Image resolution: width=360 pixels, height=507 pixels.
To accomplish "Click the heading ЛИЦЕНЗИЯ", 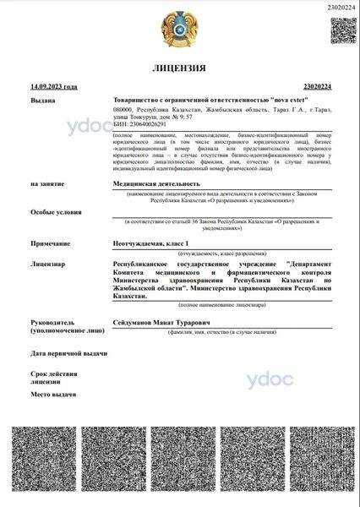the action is pos(179,67).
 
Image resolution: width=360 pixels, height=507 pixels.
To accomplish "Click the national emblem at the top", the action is pos(180,26).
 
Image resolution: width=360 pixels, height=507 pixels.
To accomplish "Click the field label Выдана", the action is pos(43,101).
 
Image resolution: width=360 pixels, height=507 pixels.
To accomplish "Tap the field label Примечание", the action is pos(49,243).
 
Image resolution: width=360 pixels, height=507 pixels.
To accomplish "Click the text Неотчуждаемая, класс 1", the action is pos(152,243).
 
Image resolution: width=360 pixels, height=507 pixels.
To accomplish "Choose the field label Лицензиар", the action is pos(47,264).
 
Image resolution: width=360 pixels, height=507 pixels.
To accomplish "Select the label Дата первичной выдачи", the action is pos(68,353).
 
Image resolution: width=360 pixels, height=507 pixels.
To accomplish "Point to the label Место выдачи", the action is pos(52,395).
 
